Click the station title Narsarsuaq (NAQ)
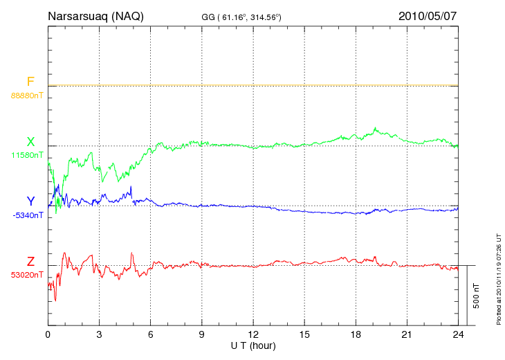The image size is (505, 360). pyautogui.click(x=95, y=16)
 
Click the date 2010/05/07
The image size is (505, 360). pyautogui.click(x=428, y=16)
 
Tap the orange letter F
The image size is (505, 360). pyautogui.click(x=30, y=82)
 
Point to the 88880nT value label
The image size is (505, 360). pyautogui.click(x=26, y=95)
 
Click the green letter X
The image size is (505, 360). pyautogui.click(x=30, y=141)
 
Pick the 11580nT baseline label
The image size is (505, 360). pyautogui.click(x=26, y=155)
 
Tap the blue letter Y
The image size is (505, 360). pyautogui.click(x=30, y=201)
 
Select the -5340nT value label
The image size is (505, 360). pyautogui.click(x=26, y=215)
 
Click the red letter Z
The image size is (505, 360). pyautogui.click(x=30, y=262)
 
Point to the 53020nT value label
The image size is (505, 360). pyautogui.click(x=26, y=275)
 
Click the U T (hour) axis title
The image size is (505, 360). pyautogui.click(x=253, y=345)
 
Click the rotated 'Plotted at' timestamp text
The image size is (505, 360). pyautogui.click(x=497, y=277)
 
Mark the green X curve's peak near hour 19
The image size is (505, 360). pyautogui.click(x=375, y=128)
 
